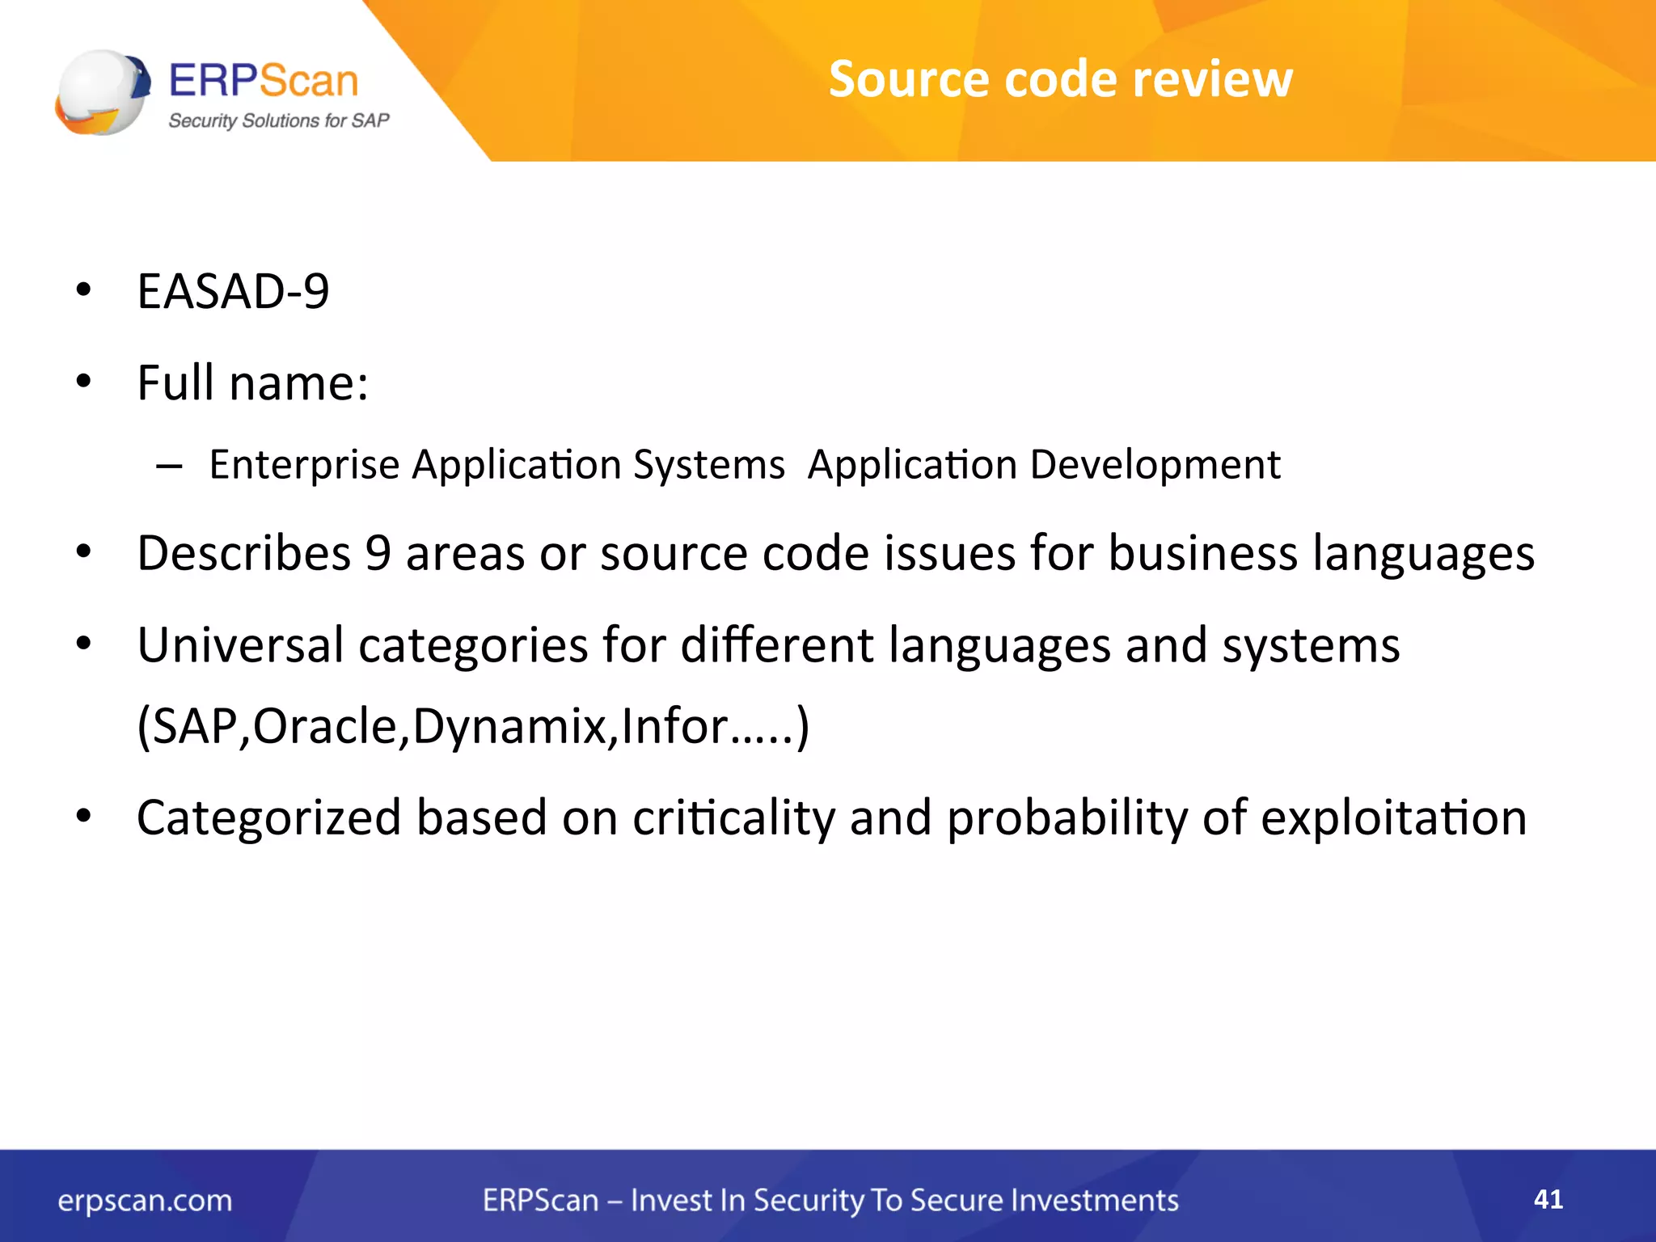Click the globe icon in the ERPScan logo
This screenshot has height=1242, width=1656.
102,91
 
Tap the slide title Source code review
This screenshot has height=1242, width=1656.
1060,79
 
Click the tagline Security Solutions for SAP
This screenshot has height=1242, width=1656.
278,120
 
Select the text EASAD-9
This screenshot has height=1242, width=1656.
233,291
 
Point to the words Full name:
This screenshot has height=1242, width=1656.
252,382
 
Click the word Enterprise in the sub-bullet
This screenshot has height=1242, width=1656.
304,466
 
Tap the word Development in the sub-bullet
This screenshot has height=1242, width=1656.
1155,466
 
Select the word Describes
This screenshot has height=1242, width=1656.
243,554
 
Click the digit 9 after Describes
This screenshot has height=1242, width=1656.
378,554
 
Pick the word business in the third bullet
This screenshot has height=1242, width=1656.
1202,554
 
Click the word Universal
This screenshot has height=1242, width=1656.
240,645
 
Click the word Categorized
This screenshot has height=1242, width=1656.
268,818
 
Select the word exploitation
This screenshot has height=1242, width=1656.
1393,818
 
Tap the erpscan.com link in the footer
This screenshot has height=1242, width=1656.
145,1201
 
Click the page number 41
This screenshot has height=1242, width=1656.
1548,1199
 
